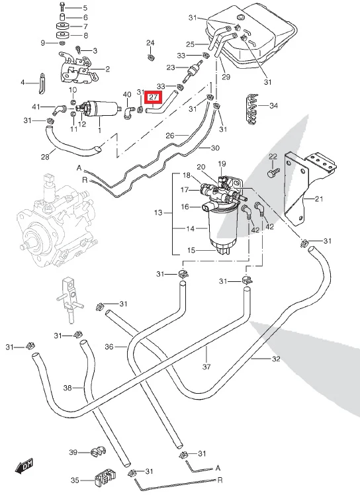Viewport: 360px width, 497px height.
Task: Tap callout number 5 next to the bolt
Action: [x=85, y=7]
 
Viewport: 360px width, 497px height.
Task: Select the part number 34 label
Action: [x=273, y=105]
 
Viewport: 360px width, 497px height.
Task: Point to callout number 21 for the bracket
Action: [x=318, y=199]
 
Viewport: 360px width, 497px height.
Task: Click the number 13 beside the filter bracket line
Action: [x=158, y=212]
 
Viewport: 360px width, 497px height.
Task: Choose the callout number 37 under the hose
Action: [x=206, y=367]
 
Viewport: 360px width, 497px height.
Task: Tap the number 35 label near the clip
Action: [x=75, y=480]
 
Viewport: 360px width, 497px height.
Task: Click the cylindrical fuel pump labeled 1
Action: [x=101, y=109]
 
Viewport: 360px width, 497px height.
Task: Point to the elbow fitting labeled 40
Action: [x=128, y=113]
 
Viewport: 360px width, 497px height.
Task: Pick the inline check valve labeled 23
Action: [x=193, y=69]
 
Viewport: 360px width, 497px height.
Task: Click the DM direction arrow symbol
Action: [x=24, y=465]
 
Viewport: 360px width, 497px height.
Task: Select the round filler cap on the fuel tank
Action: [x=241, y=17]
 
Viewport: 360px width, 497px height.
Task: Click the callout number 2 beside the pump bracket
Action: [x=107, y=69]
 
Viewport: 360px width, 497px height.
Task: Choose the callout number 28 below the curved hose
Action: [x=45, y=157]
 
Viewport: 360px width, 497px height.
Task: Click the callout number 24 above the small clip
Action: [x=150, y=43]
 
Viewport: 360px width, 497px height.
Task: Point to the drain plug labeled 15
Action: [x=223, y=250]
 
